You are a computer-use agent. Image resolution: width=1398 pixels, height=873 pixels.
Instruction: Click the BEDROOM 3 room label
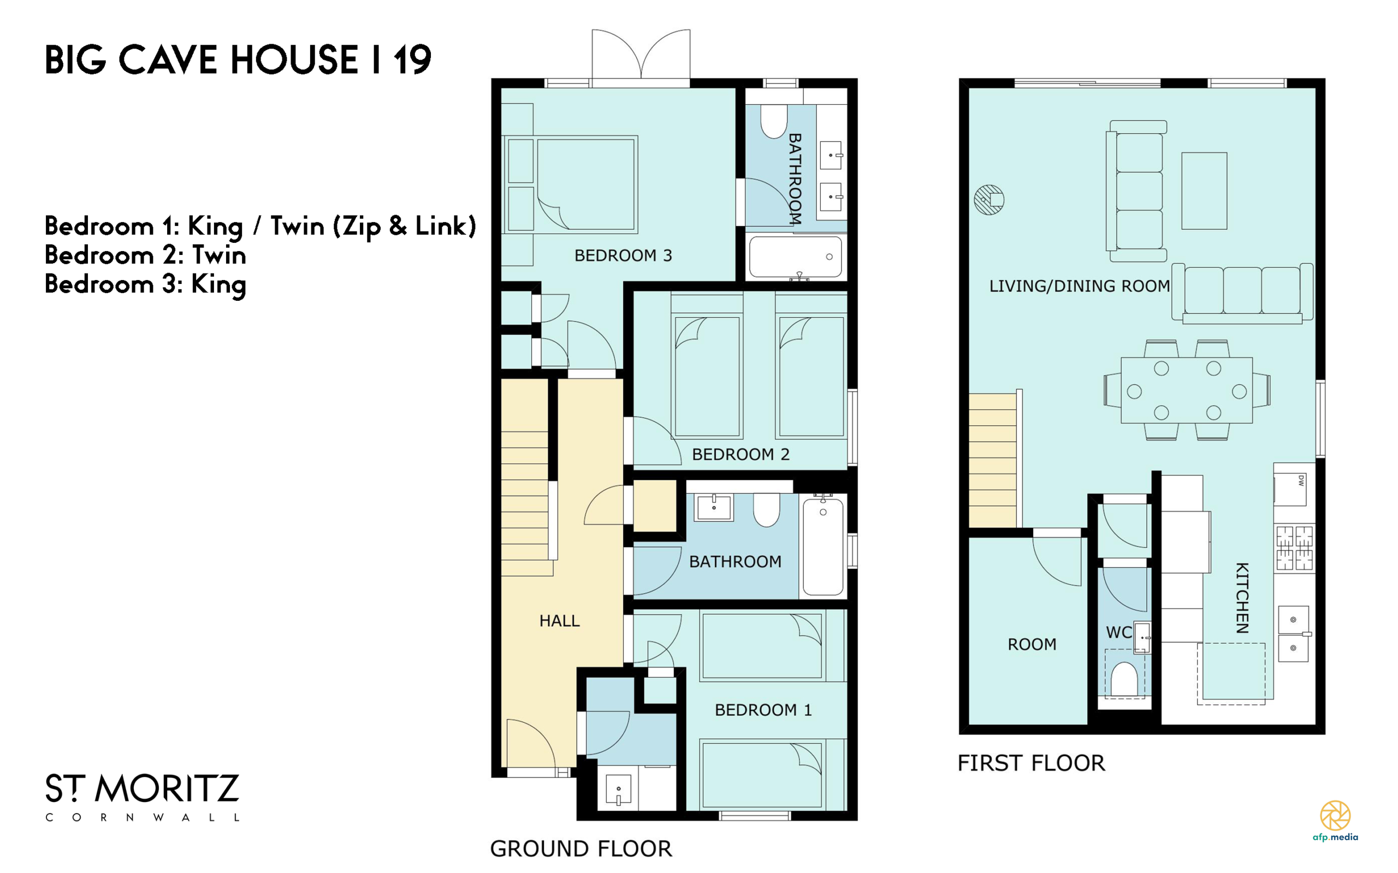[x=623, y=255]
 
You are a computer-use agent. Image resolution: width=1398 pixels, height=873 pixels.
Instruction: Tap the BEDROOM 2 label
[x=741, y=454]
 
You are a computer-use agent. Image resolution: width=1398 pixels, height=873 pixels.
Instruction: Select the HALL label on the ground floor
[x=559, y=621]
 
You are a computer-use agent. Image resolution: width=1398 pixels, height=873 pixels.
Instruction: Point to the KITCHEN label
[x=1241, y=598]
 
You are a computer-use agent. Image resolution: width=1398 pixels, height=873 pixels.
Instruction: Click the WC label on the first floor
[x=1118, y=632]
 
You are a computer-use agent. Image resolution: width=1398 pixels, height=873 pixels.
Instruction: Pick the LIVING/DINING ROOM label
[x=1079, y=286]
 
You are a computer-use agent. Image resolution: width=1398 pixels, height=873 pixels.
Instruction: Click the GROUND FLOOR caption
[x=581, y=849]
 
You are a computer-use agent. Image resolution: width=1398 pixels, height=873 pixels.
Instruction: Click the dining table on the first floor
[x=1187, y=390]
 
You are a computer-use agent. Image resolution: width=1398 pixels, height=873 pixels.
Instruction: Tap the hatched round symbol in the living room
[x=988, y=200]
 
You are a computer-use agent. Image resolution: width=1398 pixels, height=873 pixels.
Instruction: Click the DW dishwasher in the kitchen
[x=1290, y=489]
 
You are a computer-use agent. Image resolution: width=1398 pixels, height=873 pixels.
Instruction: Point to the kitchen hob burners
[x=1294, y=548]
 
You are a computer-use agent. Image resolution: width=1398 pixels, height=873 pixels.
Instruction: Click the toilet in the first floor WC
[x=1124, y=679]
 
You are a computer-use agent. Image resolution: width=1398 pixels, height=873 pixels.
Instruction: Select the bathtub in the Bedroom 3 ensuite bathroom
[x=795, y=257]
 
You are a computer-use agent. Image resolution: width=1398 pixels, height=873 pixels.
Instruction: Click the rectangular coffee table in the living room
[x=1204, y=191]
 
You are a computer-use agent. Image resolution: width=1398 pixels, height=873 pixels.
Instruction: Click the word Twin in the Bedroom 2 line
[x=220, y=255]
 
